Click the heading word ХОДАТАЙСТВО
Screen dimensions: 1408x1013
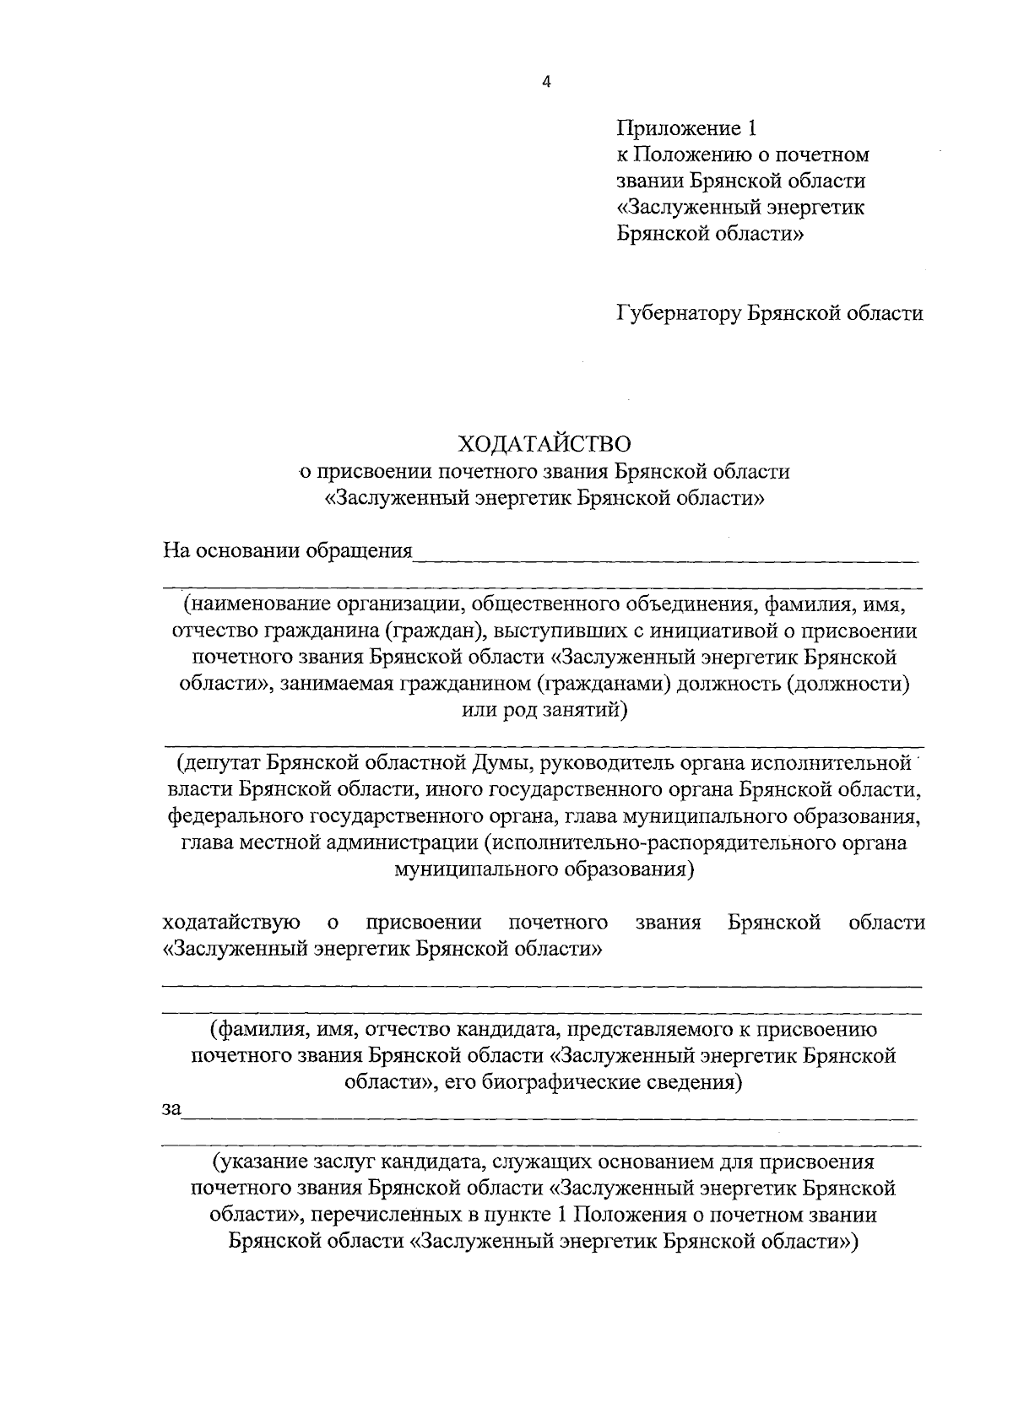click(544, 443)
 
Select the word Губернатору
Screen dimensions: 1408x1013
click(678, 313)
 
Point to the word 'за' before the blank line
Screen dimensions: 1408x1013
click(171, 1109)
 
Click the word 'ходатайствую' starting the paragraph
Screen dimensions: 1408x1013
click(230, 922)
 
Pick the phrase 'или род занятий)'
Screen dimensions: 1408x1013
click(544, 711)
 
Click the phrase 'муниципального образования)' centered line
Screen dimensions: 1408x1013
click(544, 869)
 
